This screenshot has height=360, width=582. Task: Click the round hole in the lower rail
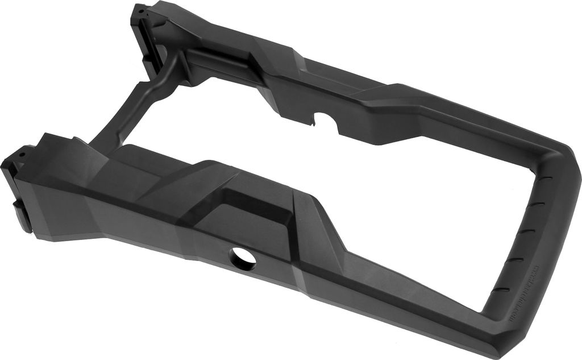pyautogui.click(x=243, y=259)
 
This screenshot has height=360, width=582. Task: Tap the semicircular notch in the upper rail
pyautogui.click(x=325, y=121)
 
